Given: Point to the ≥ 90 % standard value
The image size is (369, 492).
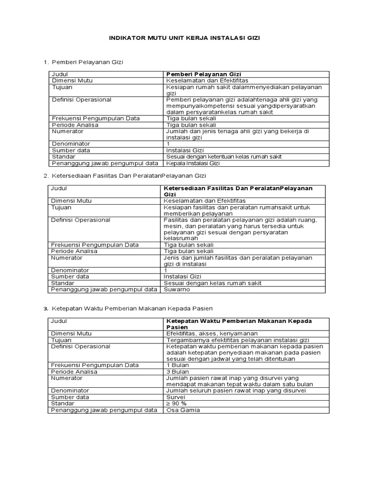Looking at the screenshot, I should (177, 404).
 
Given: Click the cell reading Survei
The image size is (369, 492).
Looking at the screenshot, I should (175, 397).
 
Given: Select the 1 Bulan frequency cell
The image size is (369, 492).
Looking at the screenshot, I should (177, 365).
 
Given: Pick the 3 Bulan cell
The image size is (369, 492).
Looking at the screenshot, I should (177, 371).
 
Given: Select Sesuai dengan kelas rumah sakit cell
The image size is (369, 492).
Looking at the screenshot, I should (212, 283).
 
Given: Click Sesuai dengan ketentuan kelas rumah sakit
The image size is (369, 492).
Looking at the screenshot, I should (223, 157).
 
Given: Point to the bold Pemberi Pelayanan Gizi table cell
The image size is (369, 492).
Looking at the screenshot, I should (203, 74).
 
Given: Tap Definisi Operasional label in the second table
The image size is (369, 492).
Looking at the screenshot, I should (80, 220).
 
